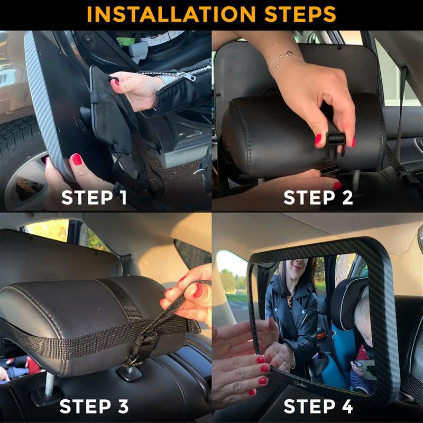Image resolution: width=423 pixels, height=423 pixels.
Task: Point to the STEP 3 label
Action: tap(94, 407)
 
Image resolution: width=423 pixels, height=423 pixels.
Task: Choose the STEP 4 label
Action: tap(318, 407)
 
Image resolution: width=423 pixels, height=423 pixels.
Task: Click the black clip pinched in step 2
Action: tap(335, 140)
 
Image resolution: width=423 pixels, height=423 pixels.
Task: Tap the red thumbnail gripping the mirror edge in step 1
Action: tap(77, 159)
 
